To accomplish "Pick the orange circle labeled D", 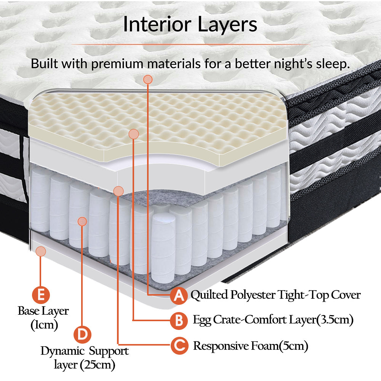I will [83, 334].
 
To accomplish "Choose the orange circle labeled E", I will [40, 295].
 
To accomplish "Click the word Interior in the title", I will [157, 24].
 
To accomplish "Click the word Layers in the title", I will [227, 24].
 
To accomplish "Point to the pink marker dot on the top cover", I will [148, 79].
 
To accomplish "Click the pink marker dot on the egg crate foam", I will [133, 134].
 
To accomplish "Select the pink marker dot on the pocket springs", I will [82, 221].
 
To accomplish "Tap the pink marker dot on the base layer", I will [40, 251].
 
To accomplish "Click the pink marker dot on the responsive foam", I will [118, 190].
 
